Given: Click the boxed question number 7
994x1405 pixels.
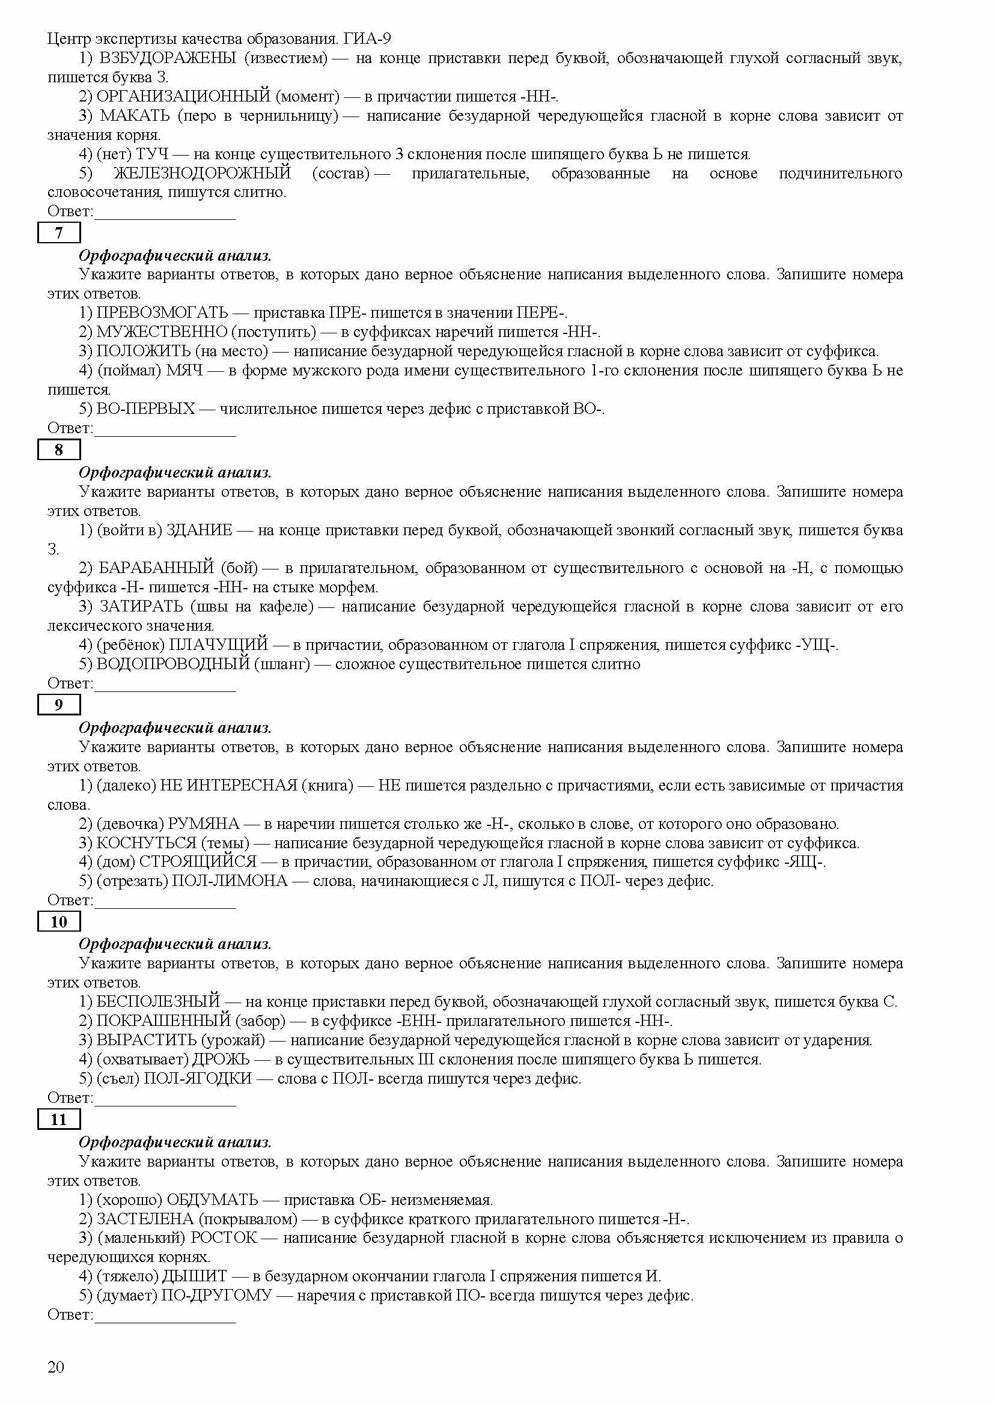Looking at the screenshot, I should point(59,233).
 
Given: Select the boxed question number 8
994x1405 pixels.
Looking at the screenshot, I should point(59,450).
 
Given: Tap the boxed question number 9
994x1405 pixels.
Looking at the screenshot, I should point(59,705).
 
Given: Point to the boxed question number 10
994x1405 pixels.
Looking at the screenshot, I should point(59,921).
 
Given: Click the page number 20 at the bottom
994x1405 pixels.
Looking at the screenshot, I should point(56,1367).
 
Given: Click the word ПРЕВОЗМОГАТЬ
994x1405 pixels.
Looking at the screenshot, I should point(162,314).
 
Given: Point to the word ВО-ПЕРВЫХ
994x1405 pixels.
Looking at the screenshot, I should point(145,409).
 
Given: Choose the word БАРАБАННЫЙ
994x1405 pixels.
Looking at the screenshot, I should point(156,568).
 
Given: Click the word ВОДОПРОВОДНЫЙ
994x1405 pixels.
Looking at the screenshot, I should point(173,664).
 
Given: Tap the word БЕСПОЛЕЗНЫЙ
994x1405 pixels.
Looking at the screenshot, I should point(158,1002).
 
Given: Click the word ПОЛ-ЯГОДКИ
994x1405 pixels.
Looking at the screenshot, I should point(198,1078).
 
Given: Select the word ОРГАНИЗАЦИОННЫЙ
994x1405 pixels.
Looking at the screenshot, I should point(183,97).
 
